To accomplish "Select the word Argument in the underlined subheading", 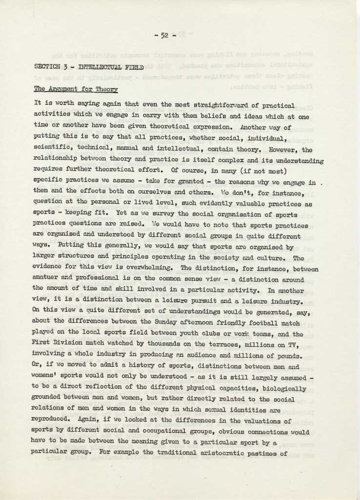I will pos(66,89).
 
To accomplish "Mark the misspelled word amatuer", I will pos(49,279).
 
